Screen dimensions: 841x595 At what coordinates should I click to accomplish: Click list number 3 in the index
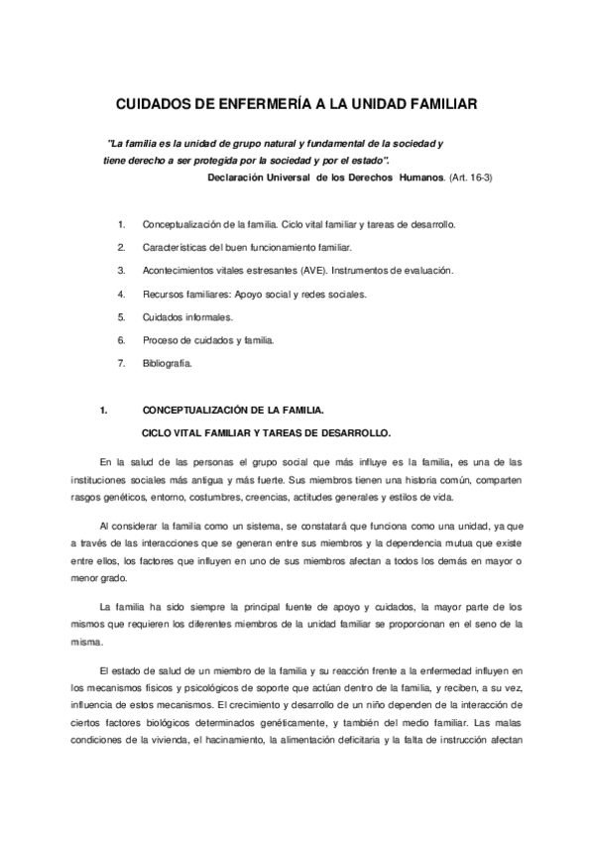(x=121, y=270)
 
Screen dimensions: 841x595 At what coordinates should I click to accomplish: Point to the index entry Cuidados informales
(x=187, y=317)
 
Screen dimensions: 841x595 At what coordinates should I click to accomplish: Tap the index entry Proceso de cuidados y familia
(x=208, y=340)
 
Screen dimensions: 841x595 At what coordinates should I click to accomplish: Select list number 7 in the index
(x=121, y=364)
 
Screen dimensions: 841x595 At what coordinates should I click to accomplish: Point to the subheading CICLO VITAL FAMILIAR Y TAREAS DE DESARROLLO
(x=268, y=431)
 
